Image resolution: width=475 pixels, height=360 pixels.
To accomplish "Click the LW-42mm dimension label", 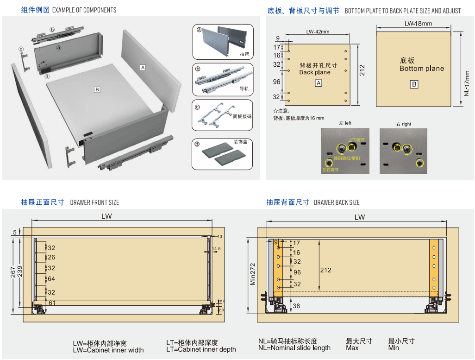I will coord(318,32).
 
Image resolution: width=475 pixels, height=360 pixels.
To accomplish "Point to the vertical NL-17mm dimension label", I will coord(467,83).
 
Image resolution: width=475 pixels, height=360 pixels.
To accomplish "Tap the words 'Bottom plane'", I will coord(421,69).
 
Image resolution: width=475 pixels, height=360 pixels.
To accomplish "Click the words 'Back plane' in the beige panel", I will coord(315,72).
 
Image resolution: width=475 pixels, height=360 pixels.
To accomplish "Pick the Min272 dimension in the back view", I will coord(253,275).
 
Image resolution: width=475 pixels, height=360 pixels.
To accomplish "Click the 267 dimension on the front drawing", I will coord(14,272).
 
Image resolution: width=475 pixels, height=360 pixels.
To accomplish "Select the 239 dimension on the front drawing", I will coord(20,272).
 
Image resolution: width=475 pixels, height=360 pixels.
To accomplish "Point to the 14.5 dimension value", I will coord(216,249).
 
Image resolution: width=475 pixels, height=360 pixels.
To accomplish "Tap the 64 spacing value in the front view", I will coord(51,279).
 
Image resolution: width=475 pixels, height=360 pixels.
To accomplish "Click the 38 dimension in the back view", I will coord(296,306).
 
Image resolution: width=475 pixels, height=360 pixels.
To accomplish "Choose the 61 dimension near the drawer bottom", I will coord(52,303).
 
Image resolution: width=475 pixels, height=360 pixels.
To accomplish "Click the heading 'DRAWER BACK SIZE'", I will coord(337,202).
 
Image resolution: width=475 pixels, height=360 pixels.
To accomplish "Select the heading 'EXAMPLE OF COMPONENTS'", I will coord(84,10).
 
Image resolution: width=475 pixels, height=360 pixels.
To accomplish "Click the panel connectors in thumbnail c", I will coord(215,115).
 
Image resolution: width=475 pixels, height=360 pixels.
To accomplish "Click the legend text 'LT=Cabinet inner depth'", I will coord(201,349).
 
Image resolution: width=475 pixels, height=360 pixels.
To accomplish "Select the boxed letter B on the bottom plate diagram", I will coord(414,84).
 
